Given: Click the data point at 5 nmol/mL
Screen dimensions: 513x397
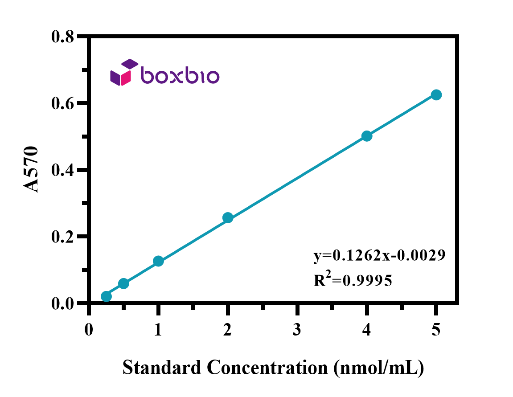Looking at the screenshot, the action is click(436, 95).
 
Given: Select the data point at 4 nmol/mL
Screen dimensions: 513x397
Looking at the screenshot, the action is click(367, 136).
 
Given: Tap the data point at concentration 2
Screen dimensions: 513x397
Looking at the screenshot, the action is click(228, 218).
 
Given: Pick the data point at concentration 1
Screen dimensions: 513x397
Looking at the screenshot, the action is click(158, 261).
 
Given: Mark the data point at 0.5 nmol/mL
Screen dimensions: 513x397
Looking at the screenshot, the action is click(123, 283).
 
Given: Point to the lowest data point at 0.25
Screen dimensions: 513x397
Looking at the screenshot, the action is click(106, 297).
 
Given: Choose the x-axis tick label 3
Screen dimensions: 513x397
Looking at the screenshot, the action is click(297, 330).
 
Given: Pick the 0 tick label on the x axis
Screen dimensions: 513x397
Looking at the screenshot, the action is click(89, 330).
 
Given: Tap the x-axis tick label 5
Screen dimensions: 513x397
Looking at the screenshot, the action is click(436, 330).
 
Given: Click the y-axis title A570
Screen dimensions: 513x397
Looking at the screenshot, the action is click(31, 169).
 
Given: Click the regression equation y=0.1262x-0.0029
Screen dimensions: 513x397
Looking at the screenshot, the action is click(380, 255).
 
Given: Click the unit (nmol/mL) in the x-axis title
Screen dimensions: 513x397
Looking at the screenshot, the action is click(378, 368).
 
